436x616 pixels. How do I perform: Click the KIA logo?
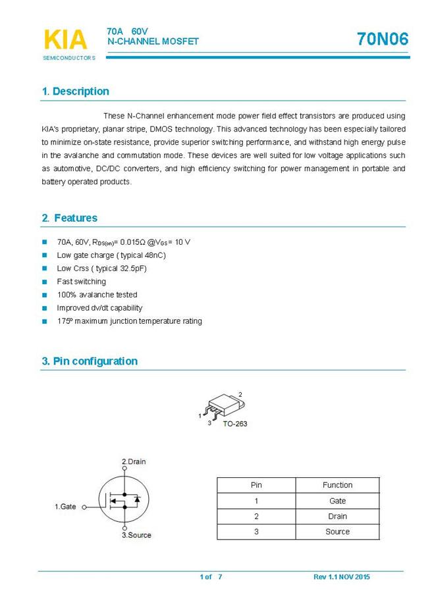[x=65, y=39]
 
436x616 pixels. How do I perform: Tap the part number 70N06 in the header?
[x=383, y=39]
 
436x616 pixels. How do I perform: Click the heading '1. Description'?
[x=76, y=91]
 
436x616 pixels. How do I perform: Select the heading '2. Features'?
[x=69, y=218]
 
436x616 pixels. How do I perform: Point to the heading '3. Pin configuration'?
[x=90, y=361]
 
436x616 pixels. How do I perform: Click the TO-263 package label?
[x=234, y=424]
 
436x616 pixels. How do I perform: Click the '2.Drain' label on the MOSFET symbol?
[x=134, y=461]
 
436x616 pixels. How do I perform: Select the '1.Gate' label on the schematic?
[x=65, y=507]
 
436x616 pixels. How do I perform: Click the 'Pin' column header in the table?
[x=256, y=485]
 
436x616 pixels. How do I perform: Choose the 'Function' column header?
[x=337, y=485]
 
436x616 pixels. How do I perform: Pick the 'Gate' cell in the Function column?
[x=337, y=501]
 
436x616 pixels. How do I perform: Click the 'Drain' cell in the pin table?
[x=337, y=517]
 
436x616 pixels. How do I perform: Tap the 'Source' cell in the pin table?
[x=337, y=532]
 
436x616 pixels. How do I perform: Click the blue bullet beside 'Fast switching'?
[x=45, y=282]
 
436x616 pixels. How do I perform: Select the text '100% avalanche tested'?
[x=97, y=295]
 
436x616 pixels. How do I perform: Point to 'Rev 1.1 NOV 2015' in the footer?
[x=341, y=577]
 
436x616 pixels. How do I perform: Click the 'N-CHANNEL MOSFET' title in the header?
[x=153, y=41]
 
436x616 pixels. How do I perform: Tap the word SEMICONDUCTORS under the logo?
[x=69, y=58]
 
